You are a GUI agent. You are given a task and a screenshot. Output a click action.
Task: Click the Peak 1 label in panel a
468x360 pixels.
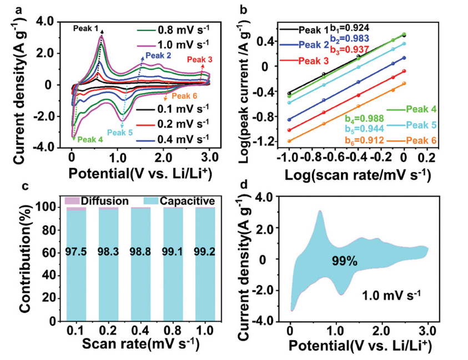tap(87, 28)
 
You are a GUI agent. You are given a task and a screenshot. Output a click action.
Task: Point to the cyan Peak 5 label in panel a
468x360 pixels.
tap(120, 132)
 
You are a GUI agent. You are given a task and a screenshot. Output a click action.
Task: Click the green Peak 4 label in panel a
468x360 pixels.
tap(90, 139)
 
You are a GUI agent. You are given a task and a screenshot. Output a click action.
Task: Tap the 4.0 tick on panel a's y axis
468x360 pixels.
tap(47, 21)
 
